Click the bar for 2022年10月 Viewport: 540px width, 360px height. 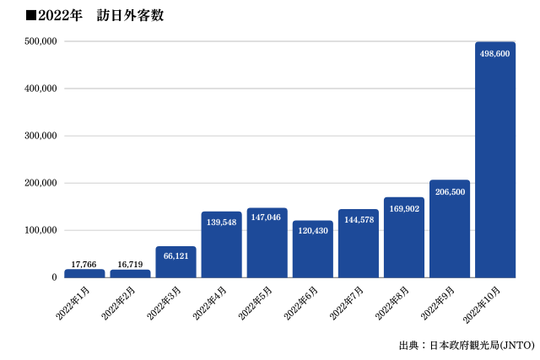tap(495, 160)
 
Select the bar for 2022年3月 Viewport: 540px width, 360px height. tap(175, 262)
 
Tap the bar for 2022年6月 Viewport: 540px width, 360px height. tap(313, 250)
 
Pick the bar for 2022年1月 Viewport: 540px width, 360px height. tap(84, 273)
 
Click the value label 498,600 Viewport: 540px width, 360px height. tap(495, 52)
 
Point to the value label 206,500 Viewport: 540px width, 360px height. tap(450, 191)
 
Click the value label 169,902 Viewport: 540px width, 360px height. tap(404, 209)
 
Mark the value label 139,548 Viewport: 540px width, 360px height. tap(221, 222)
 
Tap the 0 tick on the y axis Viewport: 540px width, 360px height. tap(52, 277)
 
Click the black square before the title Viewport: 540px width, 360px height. tap(32, 14)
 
